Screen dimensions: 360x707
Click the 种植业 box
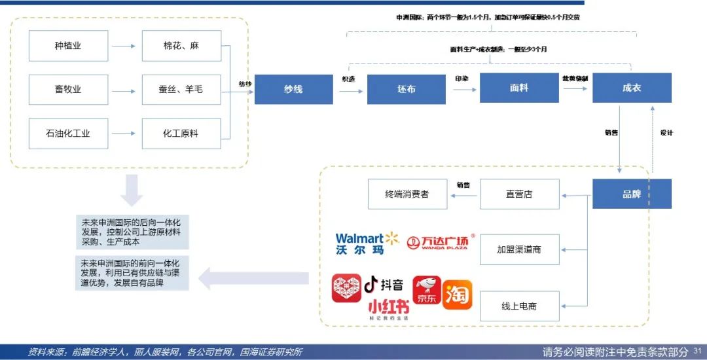pyautogui.click(x=68, y=46)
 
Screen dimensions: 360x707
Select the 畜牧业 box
pyautogui.click(x=68, y=89)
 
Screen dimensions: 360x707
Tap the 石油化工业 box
pyautogui.click(x=68, y=134)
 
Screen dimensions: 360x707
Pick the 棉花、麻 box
pyautogui.click(x=181, y=46)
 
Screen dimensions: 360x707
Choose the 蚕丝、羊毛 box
pyautogui.click(x=181, y=89)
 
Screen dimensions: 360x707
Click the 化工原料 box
pyautogui.click(x=181, y=134)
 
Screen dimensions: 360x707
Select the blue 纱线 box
pyautogui.click(x=293, y=89)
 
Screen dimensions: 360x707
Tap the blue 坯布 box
pyautogui.click(x=406, y=89)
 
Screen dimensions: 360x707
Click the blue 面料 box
pyautogui.click(x=518, y=88)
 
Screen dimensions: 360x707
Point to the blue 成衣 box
pyautogui.click(x=631, y=88)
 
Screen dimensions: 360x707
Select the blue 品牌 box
pyautogui.click(x=631, y=194)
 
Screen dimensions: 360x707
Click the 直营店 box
pyautogui.click(x=519, y=194)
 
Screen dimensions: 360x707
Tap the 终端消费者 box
pyautogui.click(x=407, y=194)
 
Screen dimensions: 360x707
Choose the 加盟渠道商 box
pyautogui.click(x=519, y=249)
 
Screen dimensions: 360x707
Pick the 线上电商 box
pyautogui.click(x=519, y=306)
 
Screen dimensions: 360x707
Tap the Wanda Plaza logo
pyautogui.click(x=441, y=243)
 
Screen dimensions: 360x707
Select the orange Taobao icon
pyautogui.click(x=457, y=295)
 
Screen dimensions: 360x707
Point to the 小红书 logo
pyautogui.click(x=388, y=308)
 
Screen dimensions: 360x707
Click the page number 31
pyautogui.click(x=697, y=352)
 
